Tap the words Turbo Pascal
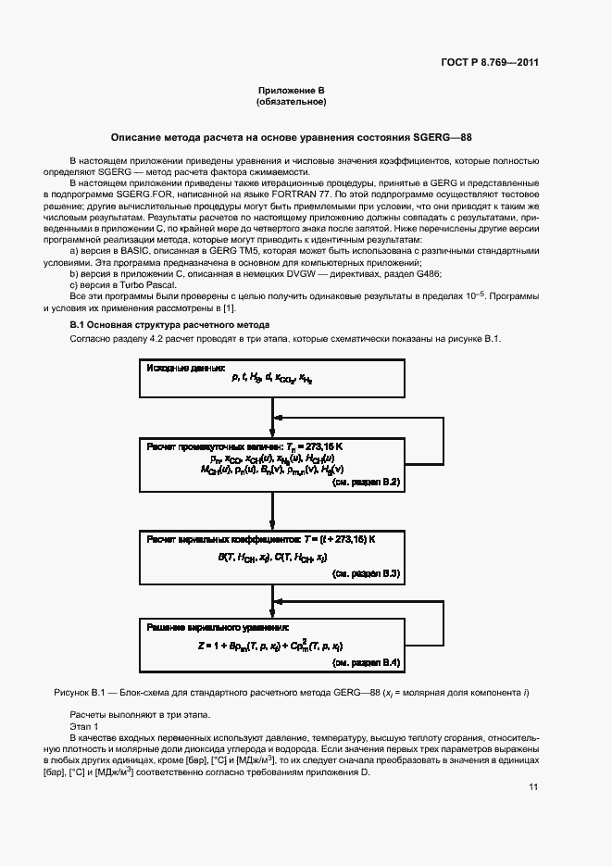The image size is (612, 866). pyautogui.click(x=137, y=284)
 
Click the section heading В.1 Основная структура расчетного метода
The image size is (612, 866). pyautogui.click(x=170, y=325)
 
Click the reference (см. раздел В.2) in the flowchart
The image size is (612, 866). pyautogui.click(x=366, y=483)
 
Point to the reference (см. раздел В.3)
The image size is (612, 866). pyautogui.click(x=366, y=573)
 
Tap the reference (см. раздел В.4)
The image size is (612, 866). pyautogui.click(x=366, y=663)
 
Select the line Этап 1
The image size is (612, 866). pyautogui.click(x=84, y=727)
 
